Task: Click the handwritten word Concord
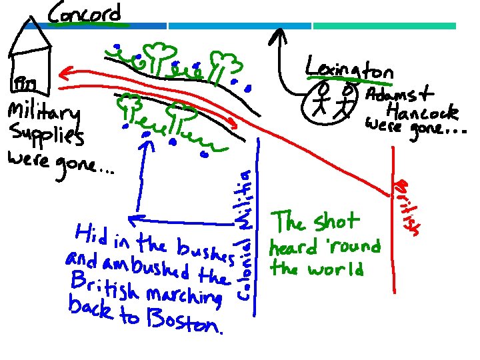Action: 85,13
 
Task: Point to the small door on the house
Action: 26,84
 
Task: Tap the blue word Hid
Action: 92,233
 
